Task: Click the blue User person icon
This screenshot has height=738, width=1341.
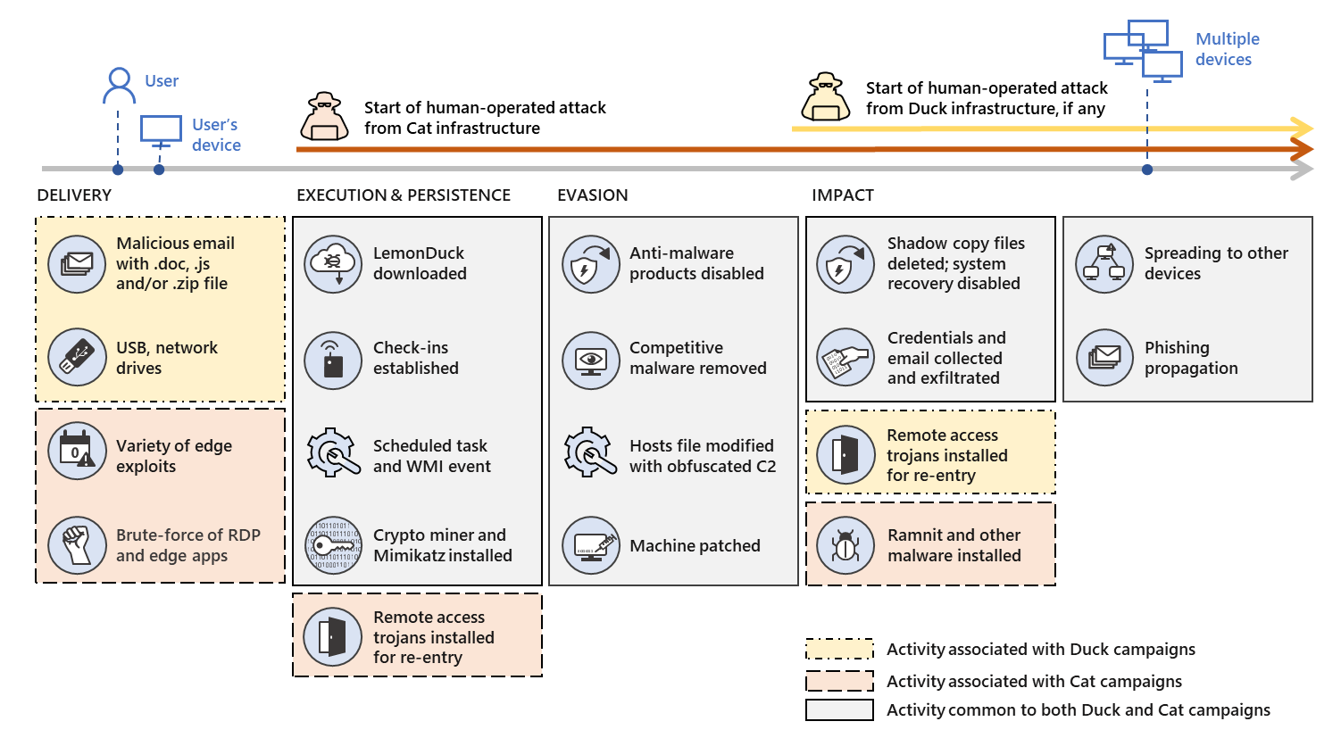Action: coord(119,86)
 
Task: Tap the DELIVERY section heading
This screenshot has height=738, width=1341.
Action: coord(74,195)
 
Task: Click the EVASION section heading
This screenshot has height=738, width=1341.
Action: coord(592,195)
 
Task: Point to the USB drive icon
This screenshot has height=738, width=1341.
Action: coord(78,357)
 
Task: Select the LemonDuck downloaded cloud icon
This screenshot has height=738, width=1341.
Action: coord(333,263)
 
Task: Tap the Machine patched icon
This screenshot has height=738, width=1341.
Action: coord(591,545)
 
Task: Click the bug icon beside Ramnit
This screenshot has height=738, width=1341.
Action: coord(845,545)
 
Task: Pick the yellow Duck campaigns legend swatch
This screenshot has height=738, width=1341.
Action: coord(839,649)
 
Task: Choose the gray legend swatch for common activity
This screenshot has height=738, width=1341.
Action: coord(839,710)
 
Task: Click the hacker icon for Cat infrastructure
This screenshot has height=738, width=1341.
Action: coord(324,117)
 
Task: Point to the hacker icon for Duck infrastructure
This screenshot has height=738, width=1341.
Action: coord(826,97)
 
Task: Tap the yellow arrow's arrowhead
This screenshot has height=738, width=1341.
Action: coord(1304,129)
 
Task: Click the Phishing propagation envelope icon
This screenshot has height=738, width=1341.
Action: coord(1104,358)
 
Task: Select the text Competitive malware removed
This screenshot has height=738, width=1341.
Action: coord(697,358)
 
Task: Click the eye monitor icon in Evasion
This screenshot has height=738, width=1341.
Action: coord(591,360)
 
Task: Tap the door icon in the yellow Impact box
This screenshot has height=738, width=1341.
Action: coord(845,454)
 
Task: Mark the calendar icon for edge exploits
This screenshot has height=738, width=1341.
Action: coord(78,451)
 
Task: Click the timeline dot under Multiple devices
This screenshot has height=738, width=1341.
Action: coord(1147,170)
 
